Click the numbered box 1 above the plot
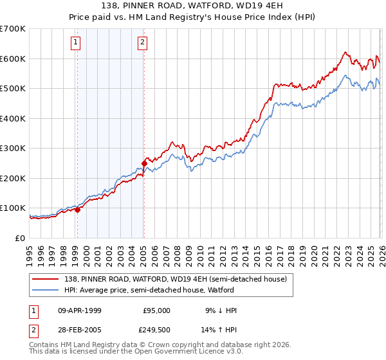pyautogui.click(x=76, y=43)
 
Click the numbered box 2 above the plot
pyautogui.click(x=142, y=43)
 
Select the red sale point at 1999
pyautogui.click(x=77, y=210)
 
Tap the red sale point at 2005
pyautogui.click(x=144, y=163)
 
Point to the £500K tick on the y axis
pyautogui.click(x=13, y=89)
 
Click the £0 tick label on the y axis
pyautogui.click(x=21, y=238)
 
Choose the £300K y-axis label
pyautogui.click(x=13, y=148)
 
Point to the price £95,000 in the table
pyautogui.click(x=156, y=310)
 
